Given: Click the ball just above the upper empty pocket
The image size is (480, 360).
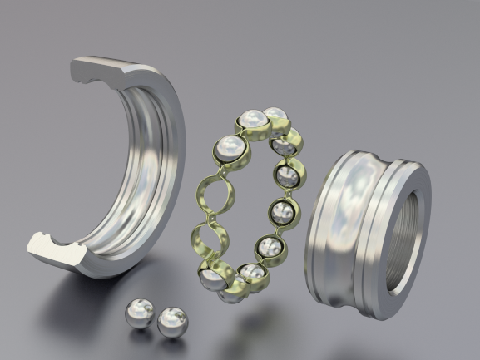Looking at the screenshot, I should [x=230, y=150].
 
